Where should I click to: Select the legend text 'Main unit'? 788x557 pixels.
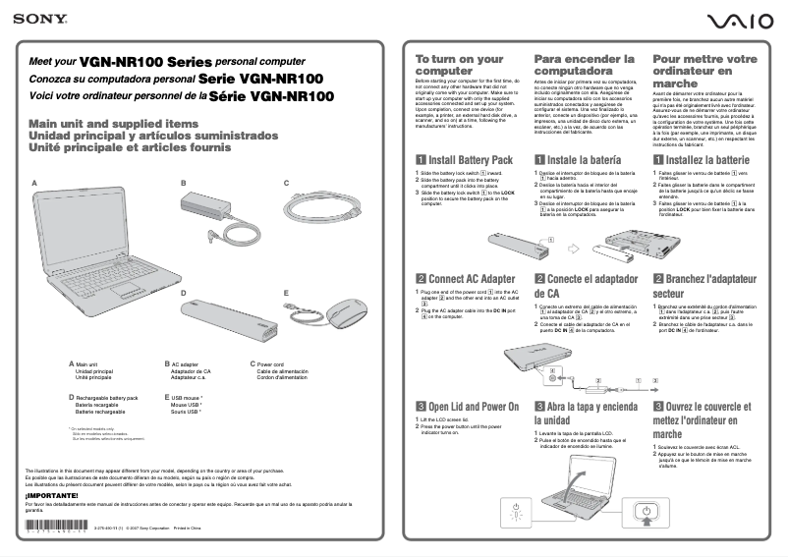point(87,364)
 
